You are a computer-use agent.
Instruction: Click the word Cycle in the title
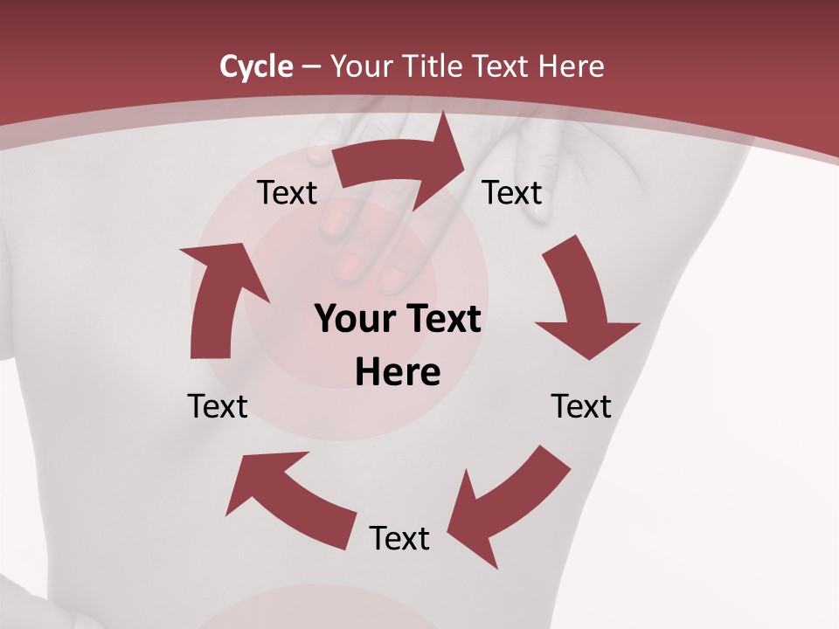point(256,66)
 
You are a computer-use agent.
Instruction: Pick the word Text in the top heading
point(504,66)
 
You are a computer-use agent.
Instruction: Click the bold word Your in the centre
point(353,319)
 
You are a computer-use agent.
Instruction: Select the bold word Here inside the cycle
point(398,372)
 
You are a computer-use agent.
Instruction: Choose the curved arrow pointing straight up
point(218,301)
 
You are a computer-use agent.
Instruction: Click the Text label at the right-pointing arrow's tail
point(288,193)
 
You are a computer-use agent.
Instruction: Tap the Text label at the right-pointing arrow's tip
point(512,193)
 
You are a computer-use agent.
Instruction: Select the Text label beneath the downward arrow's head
point(581,406)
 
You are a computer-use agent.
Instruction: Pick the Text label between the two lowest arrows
point(399,538)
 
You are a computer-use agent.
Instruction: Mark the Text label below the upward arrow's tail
point(218,406)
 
